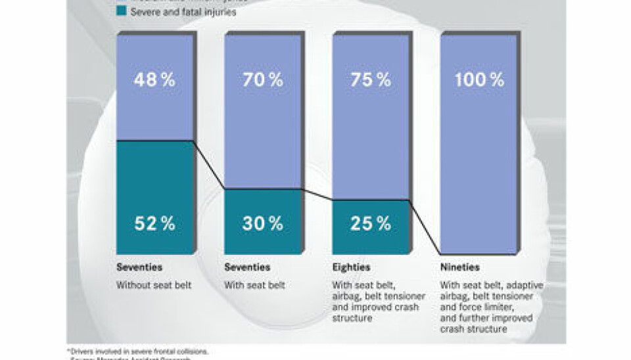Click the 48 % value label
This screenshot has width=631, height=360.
[x=154, y=80]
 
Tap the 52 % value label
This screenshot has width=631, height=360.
[x=154, y=223]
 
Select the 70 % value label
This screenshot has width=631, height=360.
[x=262, y=80]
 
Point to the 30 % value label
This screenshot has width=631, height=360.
[x=262, y=223]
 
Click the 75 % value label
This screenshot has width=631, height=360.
[x=370, y=80]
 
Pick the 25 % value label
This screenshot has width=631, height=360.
[x=370, y=223]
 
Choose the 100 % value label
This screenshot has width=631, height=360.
[x=479, y=80]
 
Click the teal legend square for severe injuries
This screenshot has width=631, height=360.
[x=121, y=11]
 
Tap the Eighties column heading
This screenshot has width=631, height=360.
[x=351, y=268]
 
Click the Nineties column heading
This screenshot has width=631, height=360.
[x=460, y=268]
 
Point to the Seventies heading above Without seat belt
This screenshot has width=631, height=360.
[x=139, y=268]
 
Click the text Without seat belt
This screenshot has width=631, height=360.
[x=149, y=286]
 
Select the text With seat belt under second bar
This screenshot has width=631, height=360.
[x=254, y=286]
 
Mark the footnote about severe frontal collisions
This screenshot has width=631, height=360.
[x=137, y=350]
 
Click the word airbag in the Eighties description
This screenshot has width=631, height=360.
[x=346, y=296]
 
